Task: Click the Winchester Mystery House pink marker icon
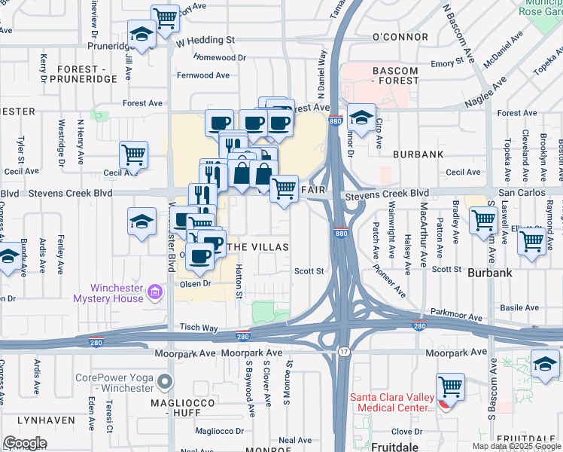pos(154,291)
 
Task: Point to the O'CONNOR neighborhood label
pos(400,37)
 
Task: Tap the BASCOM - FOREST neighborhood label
pos(395,78)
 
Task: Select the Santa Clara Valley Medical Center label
pos(391,402)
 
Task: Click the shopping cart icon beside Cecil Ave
pos(133,154)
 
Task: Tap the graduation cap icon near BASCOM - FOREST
pos(362,117)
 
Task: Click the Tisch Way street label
pos(198,328)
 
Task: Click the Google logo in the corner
pos(25,443)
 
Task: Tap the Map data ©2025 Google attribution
pos(516,446)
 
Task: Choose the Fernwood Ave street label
pos(203,75)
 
